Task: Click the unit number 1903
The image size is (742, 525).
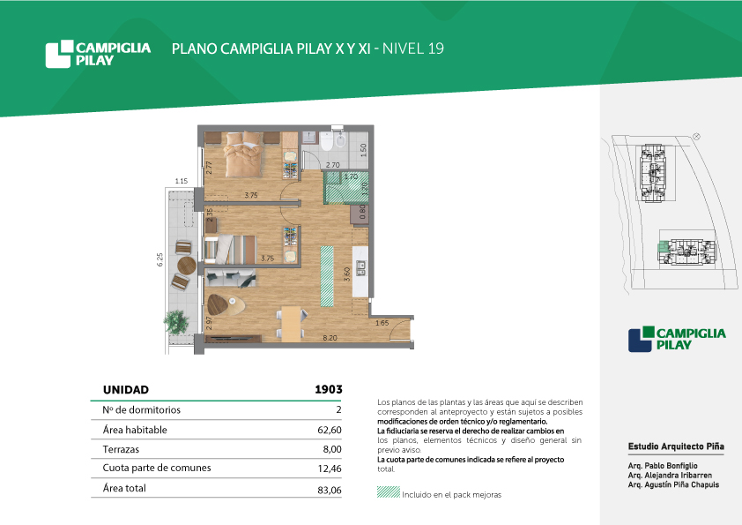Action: click(329, 389)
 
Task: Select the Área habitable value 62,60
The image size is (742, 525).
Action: click(330, 431)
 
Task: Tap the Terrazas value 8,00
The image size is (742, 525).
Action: click(332, 449)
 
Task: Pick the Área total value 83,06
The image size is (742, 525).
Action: click(330, 490)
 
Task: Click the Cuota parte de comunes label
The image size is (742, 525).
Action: click(157, 469)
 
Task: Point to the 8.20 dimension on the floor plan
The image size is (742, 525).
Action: click(330, 338)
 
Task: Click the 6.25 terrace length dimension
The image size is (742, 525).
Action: click(160, 259)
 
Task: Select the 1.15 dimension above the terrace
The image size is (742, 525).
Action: click(182, 181)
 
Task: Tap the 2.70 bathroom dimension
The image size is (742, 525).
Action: click(333, 165)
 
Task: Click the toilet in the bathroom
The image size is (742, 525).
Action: click(327, 140)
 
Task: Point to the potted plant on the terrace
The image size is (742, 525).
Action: click(176, 322)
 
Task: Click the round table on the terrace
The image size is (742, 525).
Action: click(187, 266)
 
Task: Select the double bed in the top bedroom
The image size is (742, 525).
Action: click(244, 154)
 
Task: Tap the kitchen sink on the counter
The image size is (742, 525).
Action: click(361, 267)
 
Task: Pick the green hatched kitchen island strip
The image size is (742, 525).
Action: click(327, 276)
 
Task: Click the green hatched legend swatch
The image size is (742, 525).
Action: click(389, 491)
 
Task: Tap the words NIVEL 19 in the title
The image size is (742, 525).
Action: click(413, 49)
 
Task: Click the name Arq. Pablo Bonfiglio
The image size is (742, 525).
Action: click(663, 466)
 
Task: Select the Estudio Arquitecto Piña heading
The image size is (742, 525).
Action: click(676, 446)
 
